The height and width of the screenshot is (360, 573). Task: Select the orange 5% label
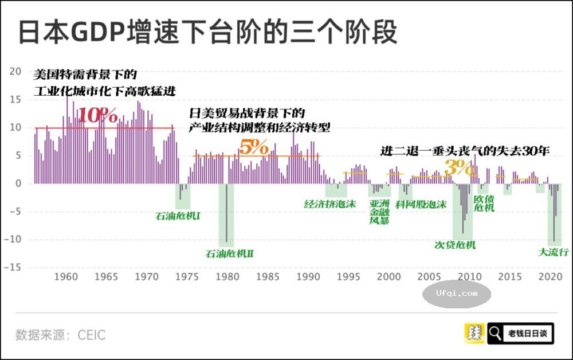[253, 148]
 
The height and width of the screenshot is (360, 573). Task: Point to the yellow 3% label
[459, 168]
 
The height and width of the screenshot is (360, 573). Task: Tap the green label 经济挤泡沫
[329, 204]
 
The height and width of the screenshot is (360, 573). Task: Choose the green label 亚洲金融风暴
[379, 212]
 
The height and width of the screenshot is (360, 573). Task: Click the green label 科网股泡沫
[421, 204]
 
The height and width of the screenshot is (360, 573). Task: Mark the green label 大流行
[553, 252]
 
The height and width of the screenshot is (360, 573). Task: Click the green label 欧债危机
[484, 203]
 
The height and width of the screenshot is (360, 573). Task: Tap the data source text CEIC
[92, 334]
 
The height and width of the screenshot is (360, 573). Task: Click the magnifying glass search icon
[495, 333]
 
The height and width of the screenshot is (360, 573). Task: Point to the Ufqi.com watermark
[457, 294]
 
